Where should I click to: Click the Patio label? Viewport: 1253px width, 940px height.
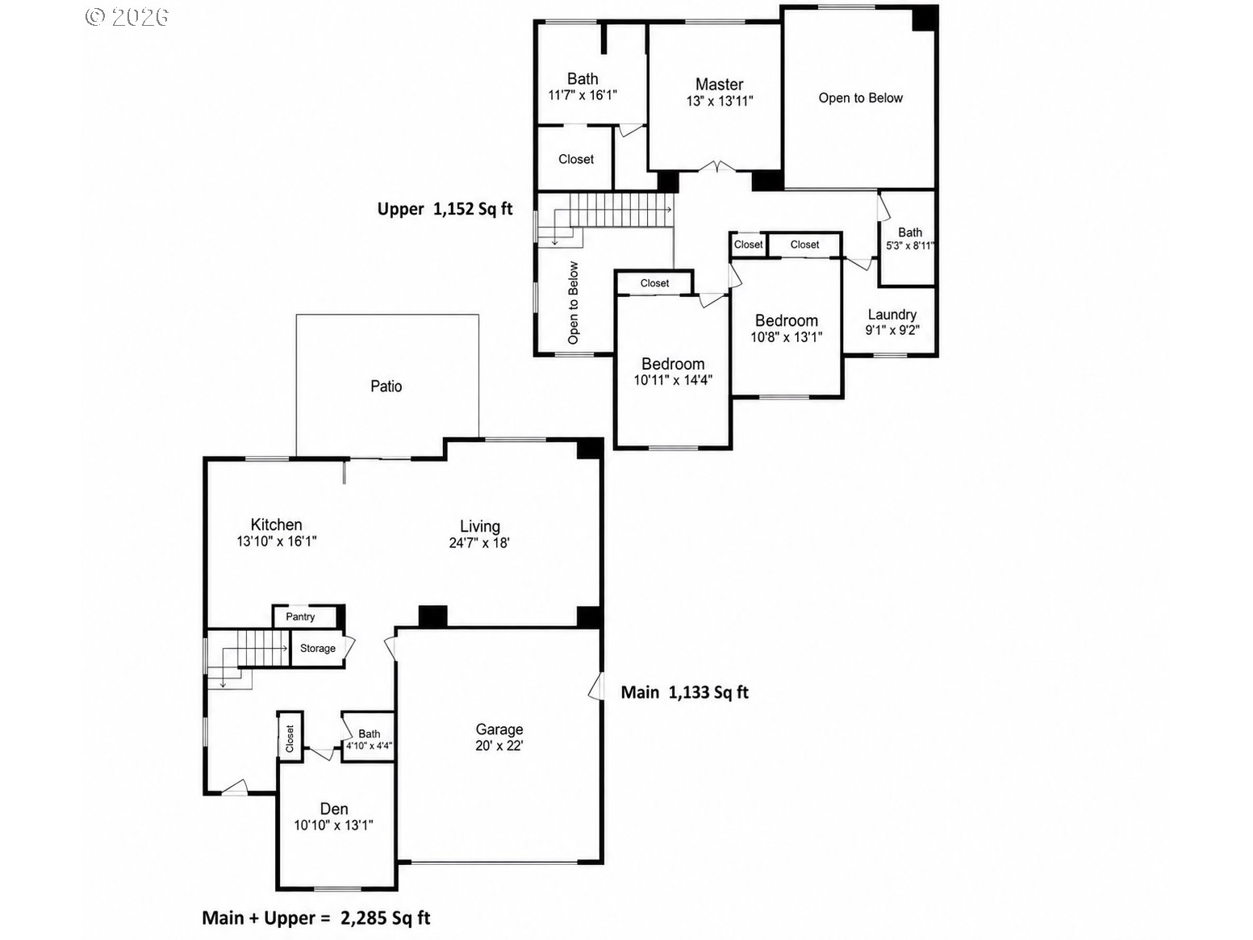tap(386, 386)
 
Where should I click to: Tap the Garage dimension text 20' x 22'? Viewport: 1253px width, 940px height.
tap(499, 746)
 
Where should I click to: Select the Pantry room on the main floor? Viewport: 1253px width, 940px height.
tap(300, 616)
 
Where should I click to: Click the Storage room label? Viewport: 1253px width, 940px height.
tap(318, 649)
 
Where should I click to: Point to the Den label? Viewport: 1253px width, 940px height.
tap(334, 808)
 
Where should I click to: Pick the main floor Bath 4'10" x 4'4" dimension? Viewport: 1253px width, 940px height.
tap(370, 746)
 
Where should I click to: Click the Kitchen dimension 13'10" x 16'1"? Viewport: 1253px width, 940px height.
tap(277, 541)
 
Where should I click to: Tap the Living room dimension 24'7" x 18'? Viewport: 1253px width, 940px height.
tap(479, 543)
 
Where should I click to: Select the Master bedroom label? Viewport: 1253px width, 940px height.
tap(719, 85)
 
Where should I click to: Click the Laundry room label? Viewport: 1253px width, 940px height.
tap(892, 315)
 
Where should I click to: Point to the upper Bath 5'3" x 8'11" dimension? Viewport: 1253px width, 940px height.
tap(910, 246)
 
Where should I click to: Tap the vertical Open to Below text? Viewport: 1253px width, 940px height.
tap(573, 303)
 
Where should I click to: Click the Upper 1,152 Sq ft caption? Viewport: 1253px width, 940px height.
tap(445, 209)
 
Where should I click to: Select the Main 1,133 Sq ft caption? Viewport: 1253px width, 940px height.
tap(684, 692)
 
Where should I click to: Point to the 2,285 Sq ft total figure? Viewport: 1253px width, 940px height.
tap(386, 917)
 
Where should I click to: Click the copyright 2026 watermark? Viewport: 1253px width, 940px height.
tap(127, 17)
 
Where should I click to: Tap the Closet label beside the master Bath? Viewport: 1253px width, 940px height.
tap(576, 159)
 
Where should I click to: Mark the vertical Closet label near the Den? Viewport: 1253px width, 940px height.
tap(290, 739)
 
